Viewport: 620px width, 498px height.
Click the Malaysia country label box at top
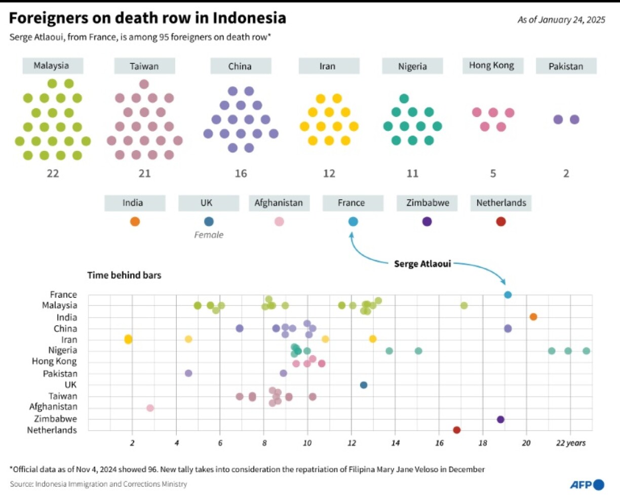[52, 66]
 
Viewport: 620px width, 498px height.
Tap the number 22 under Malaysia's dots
[53, 173]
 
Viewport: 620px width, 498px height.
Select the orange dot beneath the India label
[135, 221]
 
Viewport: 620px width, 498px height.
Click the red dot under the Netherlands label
[500, 221]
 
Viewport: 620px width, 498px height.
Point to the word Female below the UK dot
[209, 235]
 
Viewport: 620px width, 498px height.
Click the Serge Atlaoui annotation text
[422, 264]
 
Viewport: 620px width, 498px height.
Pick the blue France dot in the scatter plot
[508, 295]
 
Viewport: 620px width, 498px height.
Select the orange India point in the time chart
[533, 317]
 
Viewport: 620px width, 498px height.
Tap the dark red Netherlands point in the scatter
[456, 430]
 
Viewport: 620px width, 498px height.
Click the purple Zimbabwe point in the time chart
[500, 419]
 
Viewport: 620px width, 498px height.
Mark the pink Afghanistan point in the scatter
[150, 408]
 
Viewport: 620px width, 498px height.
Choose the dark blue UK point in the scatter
[363, 385]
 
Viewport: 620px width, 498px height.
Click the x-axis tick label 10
[307, 443]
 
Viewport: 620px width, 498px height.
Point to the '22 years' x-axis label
[570, 443]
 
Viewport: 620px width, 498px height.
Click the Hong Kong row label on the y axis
[54, 362]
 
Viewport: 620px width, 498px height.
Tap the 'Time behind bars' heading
[124, 276]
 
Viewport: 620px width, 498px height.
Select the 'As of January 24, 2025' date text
[561, 20]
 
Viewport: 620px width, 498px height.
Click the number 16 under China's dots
[241, 173]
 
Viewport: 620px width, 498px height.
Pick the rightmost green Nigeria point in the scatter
[586, 351]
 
